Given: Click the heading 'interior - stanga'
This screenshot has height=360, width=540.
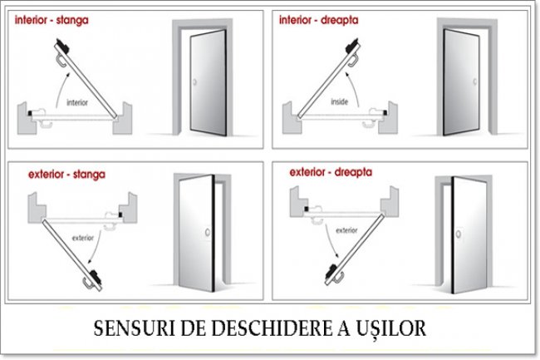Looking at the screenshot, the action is (x=52, y=20).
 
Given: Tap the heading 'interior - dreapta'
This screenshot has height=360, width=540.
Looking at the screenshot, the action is (x=318, y=20).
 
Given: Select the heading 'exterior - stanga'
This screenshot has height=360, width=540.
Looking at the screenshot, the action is (x=66, y=175).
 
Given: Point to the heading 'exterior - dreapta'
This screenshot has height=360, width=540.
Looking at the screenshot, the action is (x=331, y=172).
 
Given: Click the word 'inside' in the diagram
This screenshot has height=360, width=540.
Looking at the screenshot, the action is (x=339, y=101).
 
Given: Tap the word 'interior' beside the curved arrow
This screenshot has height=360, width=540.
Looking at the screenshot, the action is (x=77, y=102).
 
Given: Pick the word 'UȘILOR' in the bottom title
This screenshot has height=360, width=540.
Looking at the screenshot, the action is (x=391, y=328).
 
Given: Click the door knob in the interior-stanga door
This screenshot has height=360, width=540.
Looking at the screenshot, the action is (x=194, y=82).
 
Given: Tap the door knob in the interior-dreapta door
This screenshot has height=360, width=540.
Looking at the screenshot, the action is (x=475, y=82).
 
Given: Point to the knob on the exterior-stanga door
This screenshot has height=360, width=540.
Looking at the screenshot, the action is (x=208, y=233).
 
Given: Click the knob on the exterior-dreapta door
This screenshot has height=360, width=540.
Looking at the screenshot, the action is (x=459, y=234).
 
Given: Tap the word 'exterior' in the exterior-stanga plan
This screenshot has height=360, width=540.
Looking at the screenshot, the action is (x=83, y=238).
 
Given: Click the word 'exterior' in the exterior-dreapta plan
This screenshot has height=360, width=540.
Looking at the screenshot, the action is (x=346, y=230).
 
